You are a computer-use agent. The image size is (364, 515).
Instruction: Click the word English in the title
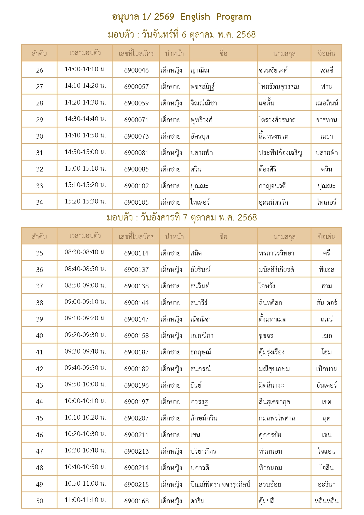pos(195,17)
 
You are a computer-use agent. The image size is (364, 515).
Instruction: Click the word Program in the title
pos(234,17)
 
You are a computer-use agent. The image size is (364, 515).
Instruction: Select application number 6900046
pos(136,70)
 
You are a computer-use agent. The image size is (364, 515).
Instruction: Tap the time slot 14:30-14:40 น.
pos(85,119)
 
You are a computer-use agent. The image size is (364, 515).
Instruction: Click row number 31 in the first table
pos(39,153)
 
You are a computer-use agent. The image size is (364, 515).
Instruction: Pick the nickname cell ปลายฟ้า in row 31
pos(326,153)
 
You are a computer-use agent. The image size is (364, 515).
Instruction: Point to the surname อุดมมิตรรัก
pos(273,202)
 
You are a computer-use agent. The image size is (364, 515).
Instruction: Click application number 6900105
pos(136,202)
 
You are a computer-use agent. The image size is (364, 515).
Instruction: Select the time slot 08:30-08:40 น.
pos(85,252)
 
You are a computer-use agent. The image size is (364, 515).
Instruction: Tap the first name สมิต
pos(196,253)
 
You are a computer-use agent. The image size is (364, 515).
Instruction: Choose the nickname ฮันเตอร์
pos(326,303)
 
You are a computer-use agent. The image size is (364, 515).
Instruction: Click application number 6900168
pos(136,501)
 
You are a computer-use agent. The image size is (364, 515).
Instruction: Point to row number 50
pos(39,501)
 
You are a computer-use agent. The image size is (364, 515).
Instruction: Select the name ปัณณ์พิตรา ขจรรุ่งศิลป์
pos(220,484)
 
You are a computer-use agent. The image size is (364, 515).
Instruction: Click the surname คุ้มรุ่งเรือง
pos(272,352)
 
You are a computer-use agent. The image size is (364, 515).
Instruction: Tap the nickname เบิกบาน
pos(326,369)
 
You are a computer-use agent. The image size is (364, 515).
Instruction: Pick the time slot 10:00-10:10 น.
pos(85,401)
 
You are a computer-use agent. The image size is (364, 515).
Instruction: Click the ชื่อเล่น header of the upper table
pos(326,53)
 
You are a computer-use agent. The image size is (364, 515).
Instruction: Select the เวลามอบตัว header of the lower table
pos(85,236)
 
